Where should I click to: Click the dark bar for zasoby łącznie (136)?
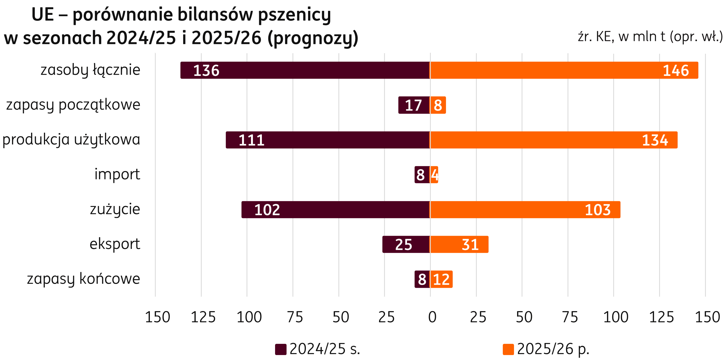tap(305, 70)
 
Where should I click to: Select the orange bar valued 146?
tap(564, 70)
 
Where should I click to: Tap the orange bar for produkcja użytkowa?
tap(553, 140)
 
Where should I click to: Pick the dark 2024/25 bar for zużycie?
tap(336, 210)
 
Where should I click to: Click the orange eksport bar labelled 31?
tap(459, 244)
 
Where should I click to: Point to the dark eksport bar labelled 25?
tap(406, 244)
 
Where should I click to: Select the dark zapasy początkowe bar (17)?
tap(414, 105)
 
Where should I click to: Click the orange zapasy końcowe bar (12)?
tap(441, 279)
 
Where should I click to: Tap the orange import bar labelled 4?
tap(434, 175)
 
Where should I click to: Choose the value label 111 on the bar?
tap(252, 140)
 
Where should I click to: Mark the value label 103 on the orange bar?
tap(597, 210)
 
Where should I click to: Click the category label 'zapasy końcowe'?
tap(83, 279)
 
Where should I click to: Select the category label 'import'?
tap(117, 174)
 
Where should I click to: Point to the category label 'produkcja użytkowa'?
tap(71, 139)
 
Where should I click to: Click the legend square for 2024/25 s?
tap(281, 349)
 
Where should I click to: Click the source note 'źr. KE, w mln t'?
tap(650, 37)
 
